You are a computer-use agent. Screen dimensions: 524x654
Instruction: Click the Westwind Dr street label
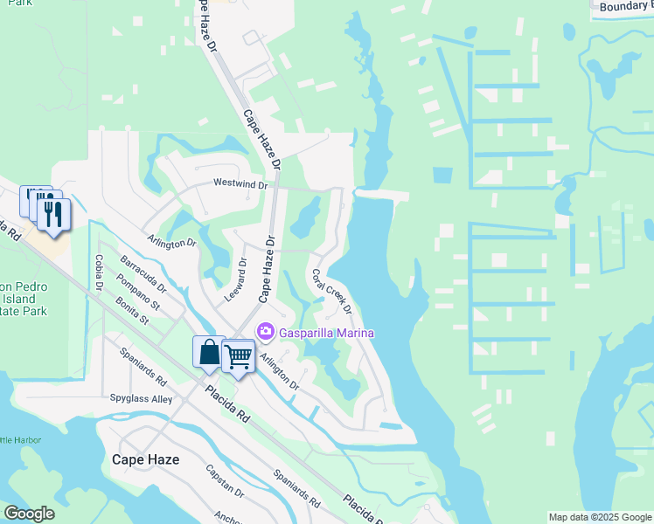(x=244, y=184)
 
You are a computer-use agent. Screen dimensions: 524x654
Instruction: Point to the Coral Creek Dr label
(x=332, y=292)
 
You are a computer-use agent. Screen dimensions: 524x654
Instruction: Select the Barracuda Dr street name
(x=142, y=274)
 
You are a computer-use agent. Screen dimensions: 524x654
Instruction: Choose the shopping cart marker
(x=239, y=355)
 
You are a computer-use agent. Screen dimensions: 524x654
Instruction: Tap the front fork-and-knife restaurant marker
(x=53, y=215)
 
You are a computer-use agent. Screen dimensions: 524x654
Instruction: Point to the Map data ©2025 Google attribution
(x=600, y=517)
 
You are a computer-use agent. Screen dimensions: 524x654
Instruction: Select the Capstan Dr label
(x=223, y=480)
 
